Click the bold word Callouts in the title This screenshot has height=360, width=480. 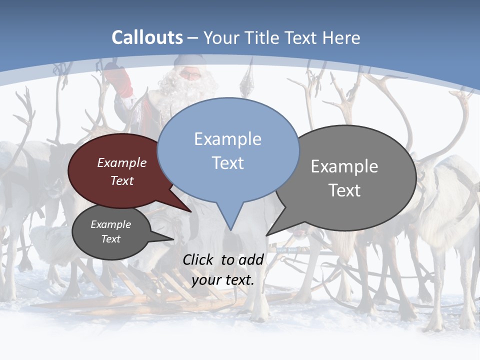coord(147,37)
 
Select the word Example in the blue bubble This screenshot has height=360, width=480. coord(227,139)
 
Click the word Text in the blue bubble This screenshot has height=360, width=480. coord(227,163)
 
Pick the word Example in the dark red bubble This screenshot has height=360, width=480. coord(122,163)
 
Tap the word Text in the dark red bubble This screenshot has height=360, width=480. coord(122,180)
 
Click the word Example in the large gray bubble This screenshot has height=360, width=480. coord(344,166)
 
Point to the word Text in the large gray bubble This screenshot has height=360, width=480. coord(344,190)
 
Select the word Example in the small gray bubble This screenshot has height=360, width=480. coord(110,224)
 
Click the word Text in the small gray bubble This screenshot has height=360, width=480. coord(110,239)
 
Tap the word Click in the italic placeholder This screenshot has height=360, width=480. coord(199,259)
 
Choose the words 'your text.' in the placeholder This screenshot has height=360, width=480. coord(223,280)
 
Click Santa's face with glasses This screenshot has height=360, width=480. coord(189,75)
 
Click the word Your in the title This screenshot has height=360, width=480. coord(220,38)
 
